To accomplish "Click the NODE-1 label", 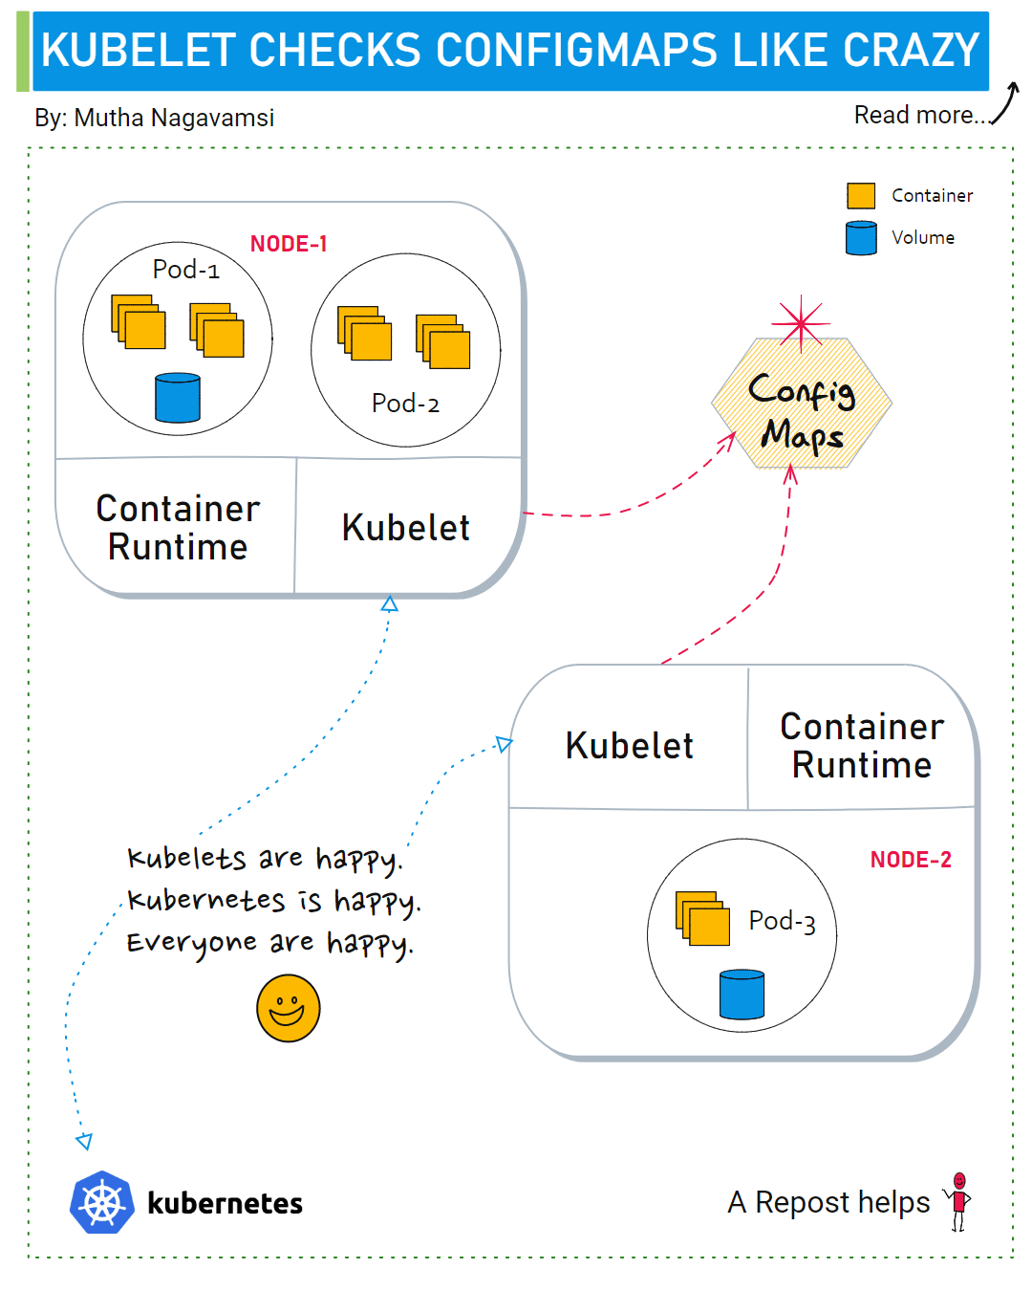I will click(289, 244).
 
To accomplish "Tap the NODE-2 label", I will click(910, 860).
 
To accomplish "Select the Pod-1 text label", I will click(186, 270).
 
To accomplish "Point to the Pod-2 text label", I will click(405, 404).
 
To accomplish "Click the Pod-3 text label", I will click(782, 921).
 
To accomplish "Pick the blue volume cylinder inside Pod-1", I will click(178, 398).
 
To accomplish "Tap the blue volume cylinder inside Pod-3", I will click(742, 995).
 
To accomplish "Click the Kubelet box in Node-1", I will click(406, 528).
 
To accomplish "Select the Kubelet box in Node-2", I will click(629, 746).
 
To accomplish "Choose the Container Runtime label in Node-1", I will click(178, 528).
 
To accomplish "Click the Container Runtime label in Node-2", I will click(862, 746).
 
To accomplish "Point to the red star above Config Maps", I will click(800, 321).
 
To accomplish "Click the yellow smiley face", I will click(288, 1008).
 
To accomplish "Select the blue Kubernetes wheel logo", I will click(102, 1202).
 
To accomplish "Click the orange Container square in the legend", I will click(861, 196).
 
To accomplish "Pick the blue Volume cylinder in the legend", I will click(861, 238).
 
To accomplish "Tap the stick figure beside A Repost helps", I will click(958, 1201).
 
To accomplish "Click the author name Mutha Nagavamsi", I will click(174, 118).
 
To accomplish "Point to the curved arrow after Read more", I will click(1005, 103).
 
